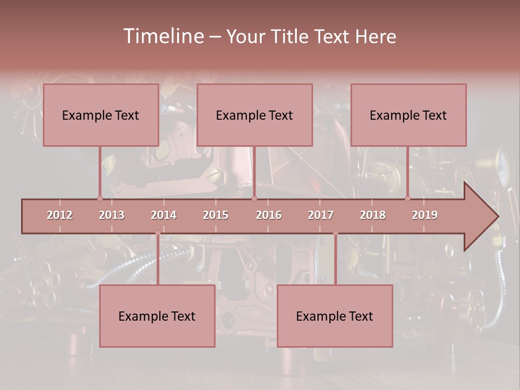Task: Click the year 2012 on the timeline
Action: click(x=60, y=215)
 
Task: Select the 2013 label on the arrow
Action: click(x=112, y=215)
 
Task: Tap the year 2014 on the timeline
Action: click(x=164, y=215)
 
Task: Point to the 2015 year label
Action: click(x=216, y=215)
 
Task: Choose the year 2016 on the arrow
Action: click(x=269, y=215)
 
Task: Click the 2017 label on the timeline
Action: click(x=321, y=215)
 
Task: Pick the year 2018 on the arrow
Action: click(x=373, y=215)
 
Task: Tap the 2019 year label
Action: click(x=425, y=215)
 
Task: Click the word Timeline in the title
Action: click(x=162, y=36)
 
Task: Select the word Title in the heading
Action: click(x=292, y=37)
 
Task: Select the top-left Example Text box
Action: click(x=101, y=115)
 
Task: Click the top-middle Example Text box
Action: click(x=255, y=115)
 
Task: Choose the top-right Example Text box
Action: click(x=408, y=115)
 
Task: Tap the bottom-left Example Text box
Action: click(x=157, y=316)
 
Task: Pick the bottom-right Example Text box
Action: click(x=335, y=316)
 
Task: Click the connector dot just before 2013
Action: click(x=100, y=198)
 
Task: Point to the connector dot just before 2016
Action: click(x=254, y=198)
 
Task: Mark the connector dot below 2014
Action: click(x=158, y=233)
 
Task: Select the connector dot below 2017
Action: click(x=335, y=233)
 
